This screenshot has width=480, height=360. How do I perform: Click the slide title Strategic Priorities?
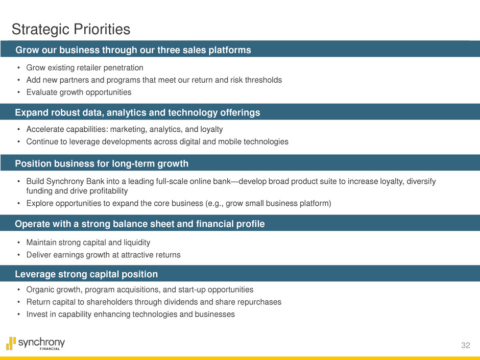[71, 30]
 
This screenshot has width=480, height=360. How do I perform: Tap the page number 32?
[466, 345]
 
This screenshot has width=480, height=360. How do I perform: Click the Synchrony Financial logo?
[36, 344]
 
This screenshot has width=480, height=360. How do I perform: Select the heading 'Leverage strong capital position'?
[86, 274]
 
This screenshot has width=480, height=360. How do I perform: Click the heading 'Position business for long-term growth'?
[102, 163]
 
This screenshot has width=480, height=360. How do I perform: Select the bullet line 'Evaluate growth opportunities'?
[79, 92]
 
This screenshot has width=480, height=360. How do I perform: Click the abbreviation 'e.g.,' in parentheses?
[215, 204]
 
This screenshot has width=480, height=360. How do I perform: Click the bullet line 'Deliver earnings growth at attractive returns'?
[104, 255]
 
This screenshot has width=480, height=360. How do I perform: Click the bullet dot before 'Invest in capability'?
[19, 315]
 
